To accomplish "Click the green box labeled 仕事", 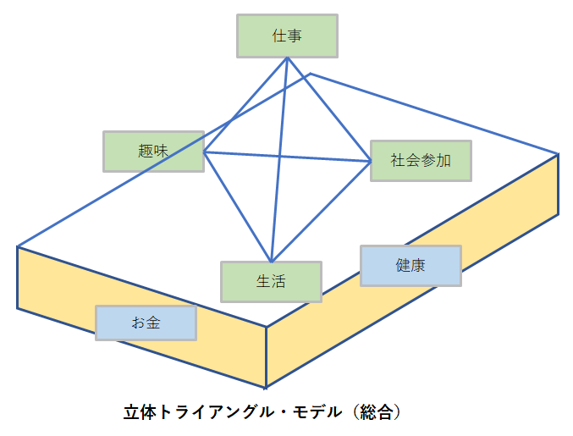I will point(287,36).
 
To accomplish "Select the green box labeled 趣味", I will point(153,152).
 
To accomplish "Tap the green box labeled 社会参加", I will point(421,159).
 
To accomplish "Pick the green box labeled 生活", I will point(271,282).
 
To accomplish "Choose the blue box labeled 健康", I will point(410,266).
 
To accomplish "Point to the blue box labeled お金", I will point(146,323).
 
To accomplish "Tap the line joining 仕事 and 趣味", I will point(245,104).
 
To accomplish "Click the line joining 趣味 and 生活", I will point(237,207).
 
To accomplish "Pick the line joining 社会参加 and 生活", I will point(321,210).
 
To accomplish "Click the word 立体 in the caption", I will point(136,413).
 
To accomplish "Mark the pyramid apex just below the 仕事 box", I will point(287,58).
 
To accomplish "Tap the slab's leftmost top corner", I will point(18,246).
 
